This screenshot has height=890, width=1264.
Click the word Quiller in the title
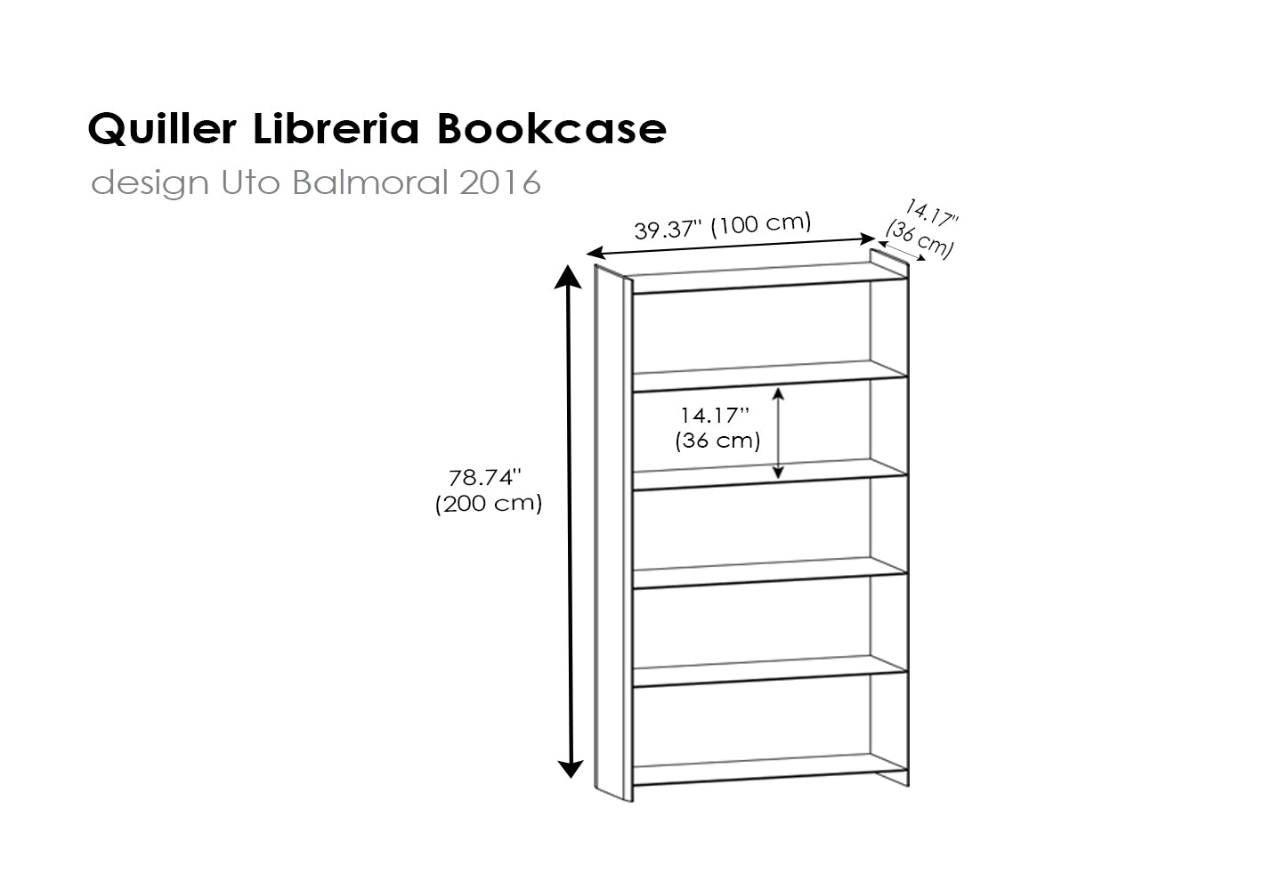click(162, 129)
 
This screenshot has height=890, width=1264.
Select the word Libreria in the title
click(336, 128)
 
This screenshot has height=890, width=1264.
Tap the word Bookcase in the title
click(552, 128)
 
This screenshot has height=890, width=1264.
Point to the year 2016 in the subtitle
click(500, 182)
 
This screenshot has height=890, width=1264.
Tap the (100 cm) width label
click(761, 224)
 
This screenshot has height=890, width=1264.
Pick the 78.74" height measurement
click(485, 477)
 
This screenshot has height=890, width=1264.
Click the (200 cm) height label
click(489, 504)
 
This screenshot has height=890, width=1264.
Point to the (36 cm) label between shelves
click(717, 441)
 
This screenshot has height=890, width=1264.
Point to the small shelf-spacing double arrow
click(778, 433)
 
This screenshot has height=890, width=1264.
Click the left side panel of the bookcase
click(613, 533)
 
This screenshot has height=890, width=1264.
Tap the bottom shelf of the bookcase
click(770, 769)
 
